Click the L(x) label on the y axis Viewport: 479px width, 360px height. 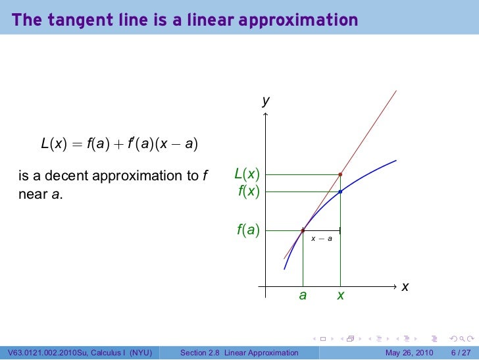click(247, 174)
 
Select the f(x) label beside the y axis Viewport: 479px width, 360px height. click(249, 192)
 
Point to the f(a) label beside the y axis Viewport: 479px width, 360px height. click(248, 230)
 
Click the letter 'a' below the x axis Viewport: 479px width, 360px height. click(303, 296)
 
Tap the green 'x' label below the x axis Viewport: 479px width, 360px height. click(340, 296)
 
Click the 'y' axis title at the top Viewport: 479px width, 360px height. click(265, 101)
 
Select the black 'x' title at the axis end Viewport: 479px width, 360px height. click(405, 287)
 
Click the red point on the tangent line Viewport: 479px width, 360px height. click(340, 174)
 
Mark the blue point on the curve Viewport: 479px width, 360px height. click(340, 192)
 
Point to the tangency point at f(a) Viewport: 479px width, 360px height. click(303, 230)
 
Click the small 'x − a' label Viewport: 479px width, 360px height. click(321, 238)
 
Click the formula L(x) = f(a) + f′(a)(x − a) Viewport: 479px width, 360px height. click(120, 143)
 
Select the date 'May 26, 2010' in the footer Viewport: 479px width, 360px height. click(409, 353)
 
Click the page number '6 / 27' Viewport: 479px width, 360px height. click(461, 353)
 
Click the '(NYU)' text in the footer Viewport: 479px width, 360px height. click(139, 353)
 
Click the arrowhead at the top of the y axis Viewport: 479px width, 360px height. click(265, 115)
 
